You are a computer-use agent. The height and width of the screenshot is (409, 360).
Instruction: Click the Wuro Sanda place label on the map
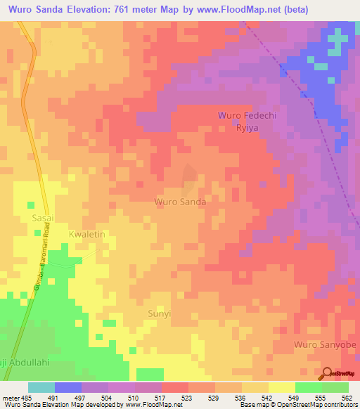[180, 202]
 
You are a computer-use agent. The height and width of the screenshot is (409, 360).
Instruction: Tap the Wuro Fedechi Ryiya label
[242, 120]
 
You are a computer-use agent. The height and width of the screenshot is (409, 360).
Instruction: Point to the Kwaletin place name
[86, 233]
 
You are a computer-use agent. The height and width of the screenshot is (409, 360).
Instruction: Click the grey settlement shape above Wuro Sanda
[188, 181]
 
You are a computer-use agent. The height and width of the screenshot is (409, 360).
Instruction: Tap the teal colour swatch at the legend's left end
[41, 387]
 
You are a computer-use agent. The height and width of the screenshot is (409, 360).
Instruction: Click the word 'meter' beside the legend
[11, 397]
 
